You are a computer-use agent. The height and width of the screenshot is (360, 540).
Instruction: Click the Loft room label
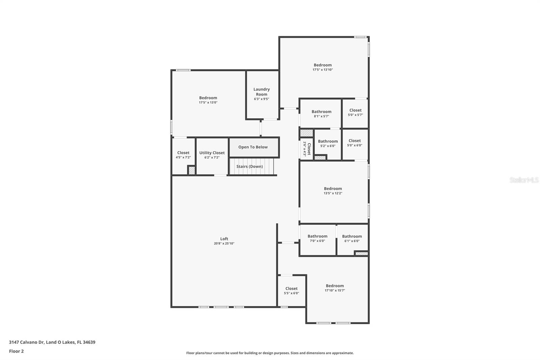point(224,239)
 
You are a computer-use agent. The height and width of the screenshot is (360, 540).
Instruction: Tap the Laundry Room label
point(262,92)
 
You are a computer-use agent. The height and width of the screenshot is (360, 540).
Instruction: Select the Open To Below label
point(253,147)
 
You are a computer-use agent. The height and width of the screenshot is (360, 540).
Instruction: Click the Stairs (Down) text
point(249,166)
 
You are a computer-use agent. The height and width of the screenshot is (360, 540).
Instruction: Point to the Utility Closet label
point(212,153)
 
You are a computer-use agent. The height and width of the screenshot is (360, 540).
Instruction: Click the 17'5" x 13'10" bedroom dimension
point(323,70)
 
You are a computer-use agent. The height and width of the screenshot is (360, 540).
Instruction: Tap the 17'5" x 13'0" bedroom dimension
point(208,102)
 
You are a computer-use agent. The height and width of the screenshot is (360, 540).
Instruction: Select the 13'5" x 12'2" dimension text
point(333,193)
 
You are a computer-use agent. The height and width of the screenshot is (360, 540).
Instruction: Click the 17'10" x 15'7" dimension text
point(334,290)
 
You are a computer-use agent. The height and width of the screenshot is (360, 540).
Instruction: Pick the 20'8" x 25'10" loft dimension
point(224,243)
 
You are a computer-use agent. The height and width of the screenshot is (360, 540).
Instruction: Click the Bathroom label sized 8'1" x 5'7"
point(321,111)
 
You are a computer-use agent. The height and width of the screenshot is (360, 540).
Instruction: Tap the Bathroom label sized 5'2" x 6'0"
point(328,141)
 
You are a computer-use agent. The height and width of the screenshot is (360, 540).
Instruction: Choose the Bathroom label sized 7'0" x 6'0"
point(318,236)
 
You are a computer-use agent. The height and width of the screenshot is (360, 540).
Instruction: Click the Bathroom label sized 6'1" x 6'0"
point(352,236)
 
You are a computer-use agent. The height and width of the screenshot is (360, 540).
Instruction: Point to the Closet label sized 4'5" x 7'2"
point(183,153)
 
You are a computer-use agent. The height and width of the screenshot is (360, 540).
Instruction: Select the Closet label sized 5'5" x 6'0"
point(292,289)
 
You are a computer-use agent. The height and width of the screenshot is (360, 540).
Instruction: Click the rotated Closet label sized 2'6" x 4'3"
point(309,149)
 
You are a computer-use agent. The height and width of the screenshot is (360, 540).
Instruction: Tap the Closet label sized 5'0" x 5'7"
point(355,110)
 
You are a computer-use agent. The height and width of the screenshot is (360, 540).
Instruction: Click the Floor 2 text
point(17,351)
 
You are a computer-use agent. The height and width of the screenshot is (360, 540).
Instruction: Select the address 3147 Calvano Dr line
point(52,342)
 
